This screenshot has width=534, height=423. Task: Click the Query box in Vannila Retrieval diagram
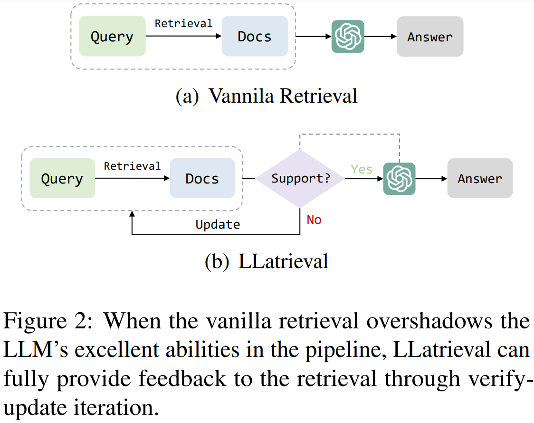click(x=112, y=36)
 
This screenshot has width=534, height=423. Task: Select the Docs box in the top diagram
click(x=255, y=36)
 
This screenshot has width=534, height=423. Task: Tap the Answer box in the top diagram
click(x=429, y=37)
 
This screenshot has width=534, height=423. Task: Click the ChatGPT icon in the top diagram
click(x=348, y=36)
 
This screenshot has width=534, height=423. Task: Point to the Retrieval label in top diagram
click(x=183, y=23)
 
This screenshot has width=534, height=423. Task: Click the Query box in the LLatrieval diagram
click(x=62, y=178)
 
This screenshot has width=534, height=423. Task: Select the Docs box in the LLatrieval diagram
click(x=202, y=178)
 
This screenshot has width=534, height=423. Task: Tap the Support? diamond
click(x=300, y=179)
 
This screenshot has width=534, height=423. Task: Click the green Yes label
click(x=362, y=169)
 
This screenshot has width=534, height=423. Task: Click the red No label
click(x=314, y=220)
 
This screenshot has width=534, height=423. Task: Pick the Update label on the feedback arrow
click(x=218, y=224)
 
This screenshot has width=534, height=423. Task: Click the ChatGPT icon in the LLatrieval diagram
click(x=399, y=178)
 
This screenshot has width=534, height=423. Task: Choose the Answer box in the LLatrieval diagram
click(x=480, y=178)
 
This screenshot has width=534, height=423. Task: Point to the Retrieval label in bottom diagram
click(x=133, y=166)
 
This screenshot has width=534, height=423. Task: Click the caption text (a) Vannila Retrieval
click(x=267, y=96)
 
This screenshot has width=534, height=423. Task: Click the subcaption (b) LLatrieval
click(x=267, y=261)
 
